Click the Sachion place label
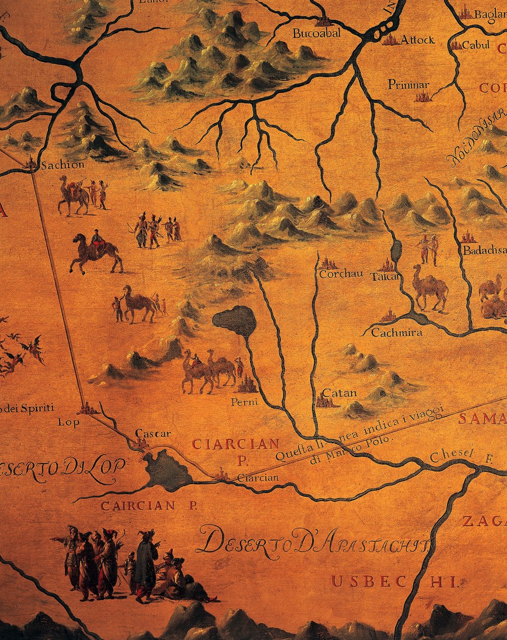point(62,165)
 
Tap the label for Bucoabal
point(316,34)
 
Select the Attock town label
point(418,40)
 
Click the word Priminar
point(408,84)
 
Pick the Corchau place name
point(341,274)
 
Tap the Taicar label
point(386,277)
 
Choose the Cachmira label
point(397,333)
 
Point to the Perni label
point(244,402)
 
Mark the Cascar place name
point(153,434)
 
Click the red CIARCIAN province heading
point(235,444)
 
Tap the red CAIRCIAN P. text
point(145,505)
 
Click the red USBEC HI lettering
point(394,582)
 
